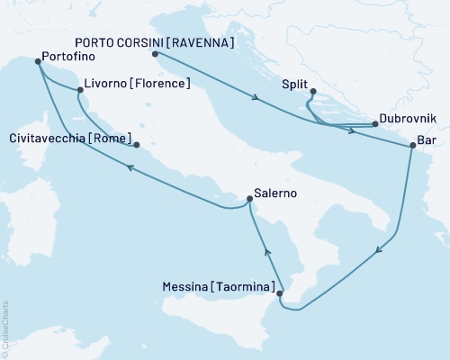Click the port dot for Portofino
(x=38, y=62)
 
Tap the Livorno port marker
(x=79, y=90)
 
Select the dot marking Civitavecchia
(x=137, y=144)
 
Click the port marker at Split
(x=312, y=91)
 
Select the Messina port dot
(x=280, y=292)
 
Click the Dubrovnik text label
(x=408, y=118)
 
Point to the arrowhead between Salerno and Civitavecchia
(x=131, y=167)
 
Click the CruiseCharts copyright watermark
(x=4, y=328)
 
